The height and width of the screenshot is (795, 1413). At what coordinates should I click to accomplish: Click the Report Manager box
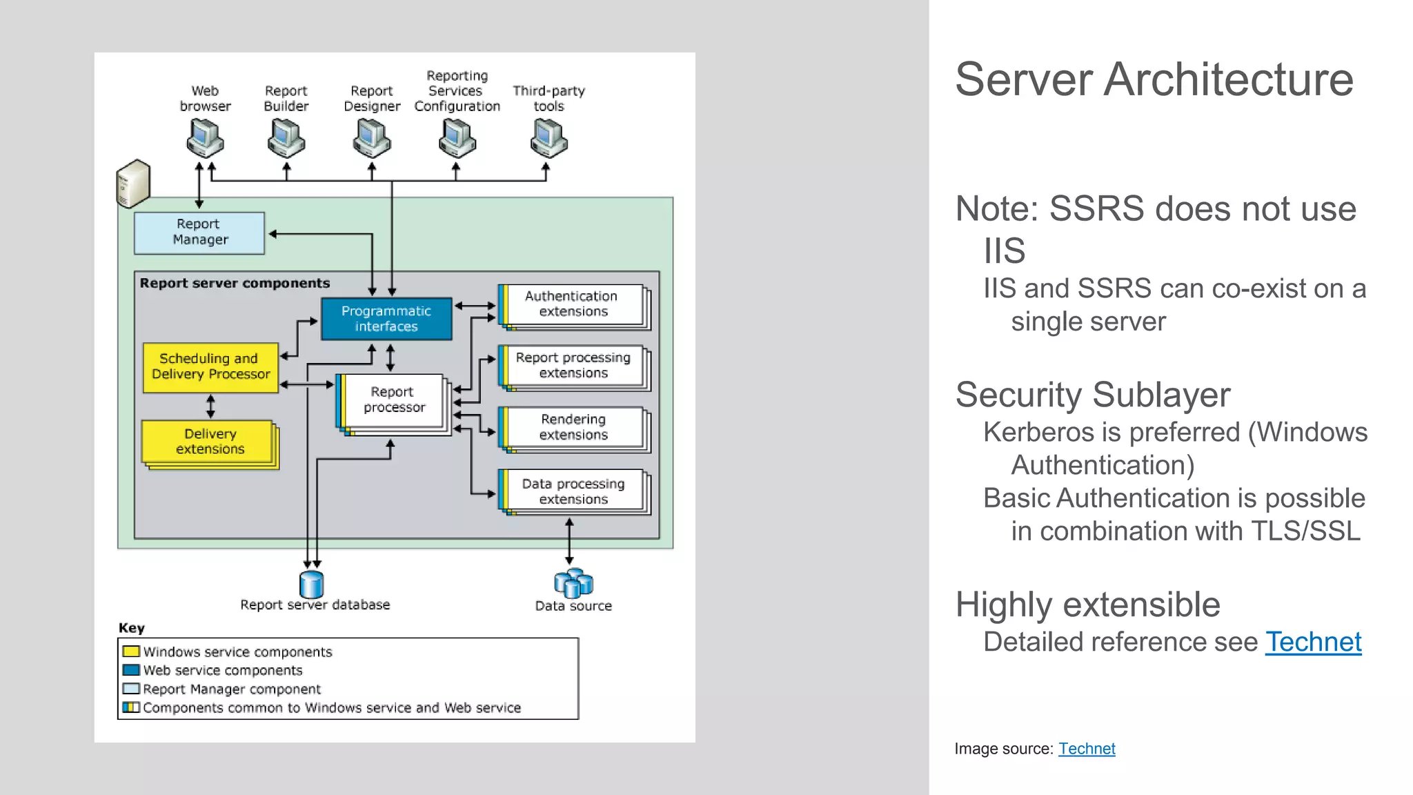coord(199,233)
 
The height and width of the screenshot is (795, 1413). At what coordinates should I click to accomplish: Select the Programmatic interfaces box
coord(386,319)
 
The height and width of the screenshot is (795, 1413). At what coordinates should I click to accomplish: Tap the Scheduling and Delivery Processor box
coord(210,367)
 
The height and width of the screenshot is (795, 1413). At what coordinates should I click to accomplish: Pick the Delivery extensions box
coord(210,442)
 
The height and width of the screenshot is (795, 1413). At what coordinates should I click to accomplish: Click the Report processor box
coord(393,400)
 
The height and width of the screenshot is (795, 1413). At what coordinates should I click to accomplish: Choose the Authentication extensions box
coord(573,304)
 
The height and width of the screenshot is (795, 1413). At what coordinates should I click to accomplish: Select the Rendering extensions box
coord(573,427)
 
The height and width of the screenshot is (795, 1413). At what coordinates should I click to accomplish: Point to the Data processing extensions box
coord(573,491)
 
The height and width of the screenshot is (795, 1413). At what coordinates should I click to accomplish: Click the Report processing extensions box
coord(573,366)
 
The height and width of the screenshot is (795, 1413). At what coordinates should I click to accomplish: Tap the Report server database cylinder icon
coord(312,585)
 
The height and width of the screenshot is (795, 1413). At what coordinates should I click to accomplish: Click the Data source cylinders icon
coord(573,583)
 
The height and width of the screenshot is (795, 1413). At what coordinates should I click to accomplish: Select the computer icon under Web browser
coord(205,138)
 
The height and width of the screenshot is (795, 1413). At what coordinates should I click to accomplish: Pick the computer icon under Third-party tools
coord(549,138)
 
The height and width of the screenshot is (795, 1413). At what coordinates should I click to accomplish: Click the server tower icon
coord(133,184)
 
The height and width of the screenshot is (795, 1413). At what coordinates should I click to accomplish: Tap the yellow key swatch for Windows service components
coord(131,651)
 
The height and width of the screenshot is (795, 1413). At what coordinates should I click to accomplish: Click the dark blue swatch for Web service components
coord(131,670)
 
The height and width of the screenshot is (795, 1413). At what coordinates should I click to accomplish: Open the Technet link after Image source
coord(1087,749)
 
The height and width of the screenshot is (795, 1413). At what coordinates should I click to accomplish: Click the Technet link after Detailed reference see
coord(1313,642)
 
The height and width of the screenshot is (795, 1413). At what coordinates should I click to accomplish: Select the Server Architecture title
coord(1154,79)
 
